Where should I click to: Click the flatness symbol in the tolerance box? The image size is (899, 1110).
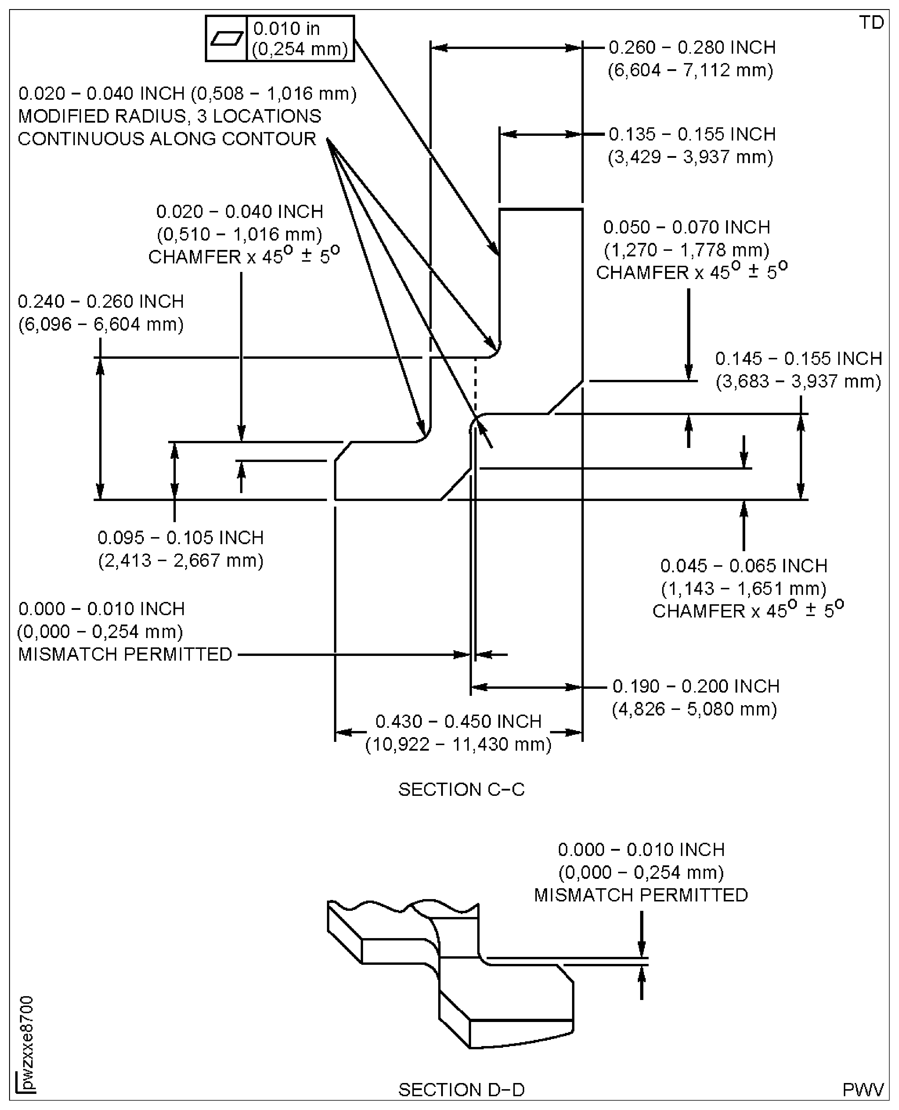click(x=226, y=39)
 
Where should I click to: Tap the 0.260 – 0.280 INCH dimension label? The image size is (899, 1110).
click(x=692, y=48)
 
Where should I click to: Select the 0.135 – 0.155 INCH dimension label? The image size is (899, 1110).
click(x=692, y=135)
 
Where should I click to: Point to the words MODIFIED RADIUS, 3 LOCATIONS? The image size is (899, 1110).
click(x=169, y=116)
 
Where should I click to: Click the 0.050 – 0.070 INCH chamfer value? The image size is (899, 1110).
click(x=687, y=227)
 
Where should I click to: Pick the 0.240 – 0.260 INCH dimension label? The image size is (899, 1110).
click(x=101, y=302)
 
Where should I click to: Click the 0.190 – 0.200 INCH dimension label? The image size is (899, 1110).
click(x=696, y=686)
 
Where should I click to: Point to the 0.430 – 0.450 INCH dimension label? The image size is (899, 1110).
click(x=458, y=721)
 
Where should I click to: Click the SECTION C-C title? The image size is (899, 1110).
click(x=461, y=790)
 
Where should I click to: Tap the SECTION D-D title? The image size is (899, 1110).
click(x=461, y=1090)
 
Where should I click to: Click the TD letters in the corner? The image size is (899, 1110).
click(x=871, y=23)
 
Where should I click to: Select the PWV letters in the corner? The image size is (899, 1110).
click(x=863, y=1090)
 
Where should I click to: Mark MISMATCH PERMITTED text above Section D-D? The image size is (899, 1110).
click(x=641, y=895)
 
